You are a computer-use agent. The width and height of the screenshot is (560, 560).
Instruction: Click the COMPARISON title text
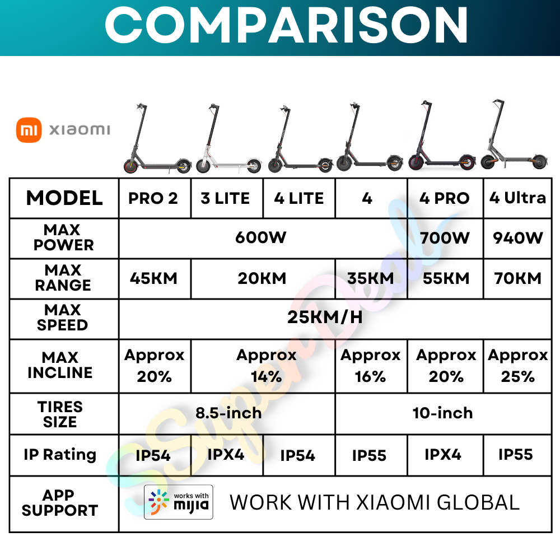[286, 25]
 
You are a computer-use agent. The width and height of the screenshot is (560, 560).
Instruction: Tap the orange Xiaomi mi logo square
[29, 130]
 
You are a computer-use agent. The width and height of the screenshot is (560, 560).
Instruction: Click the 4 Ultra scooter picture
[514, 134]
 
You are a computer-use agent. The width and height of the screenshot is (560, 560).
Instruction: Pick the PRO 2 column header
[153, 199]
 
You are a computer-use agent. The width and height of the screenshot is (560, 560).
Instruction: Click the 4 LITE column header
[299, 199]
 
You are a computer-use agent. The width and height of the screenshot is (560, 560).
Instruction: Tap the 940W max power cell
[518, 238]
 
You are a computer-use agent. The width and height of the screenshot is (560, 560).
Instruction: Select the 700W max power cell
[445, 238]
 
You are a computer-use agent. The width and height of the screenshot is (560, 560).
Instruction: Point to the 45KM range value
[153, 278]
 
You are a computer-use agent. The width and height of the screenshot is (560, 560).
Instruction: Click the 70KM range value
[518, 278]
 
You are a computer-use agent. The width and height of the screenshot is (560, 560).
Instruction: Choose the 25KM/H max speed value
[325, 317]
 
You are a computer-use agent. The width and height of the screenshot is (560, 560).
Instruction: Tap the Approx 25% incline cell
[518, 366]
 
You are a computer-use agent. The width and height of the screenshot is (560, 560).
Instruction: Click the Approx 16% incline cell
[371, 366]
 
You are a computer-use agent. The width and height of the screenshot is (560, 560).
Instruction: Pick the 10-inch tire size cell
[443, 413]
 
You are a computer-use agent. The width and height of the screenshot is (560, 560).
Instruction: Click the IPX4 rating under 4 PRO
[443, 455]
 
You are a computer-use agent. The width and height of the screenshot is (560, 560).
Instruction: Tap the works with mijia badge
[179, 502]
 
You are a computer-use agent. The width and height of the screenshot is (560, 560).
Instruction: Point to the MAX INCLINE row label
[60, 365]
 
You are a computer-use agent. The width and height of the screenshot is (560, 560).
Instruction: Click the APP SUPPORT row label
[60, 503]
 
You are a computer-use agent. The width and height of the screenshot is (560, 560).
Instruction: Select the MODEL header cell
[64, 198]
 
